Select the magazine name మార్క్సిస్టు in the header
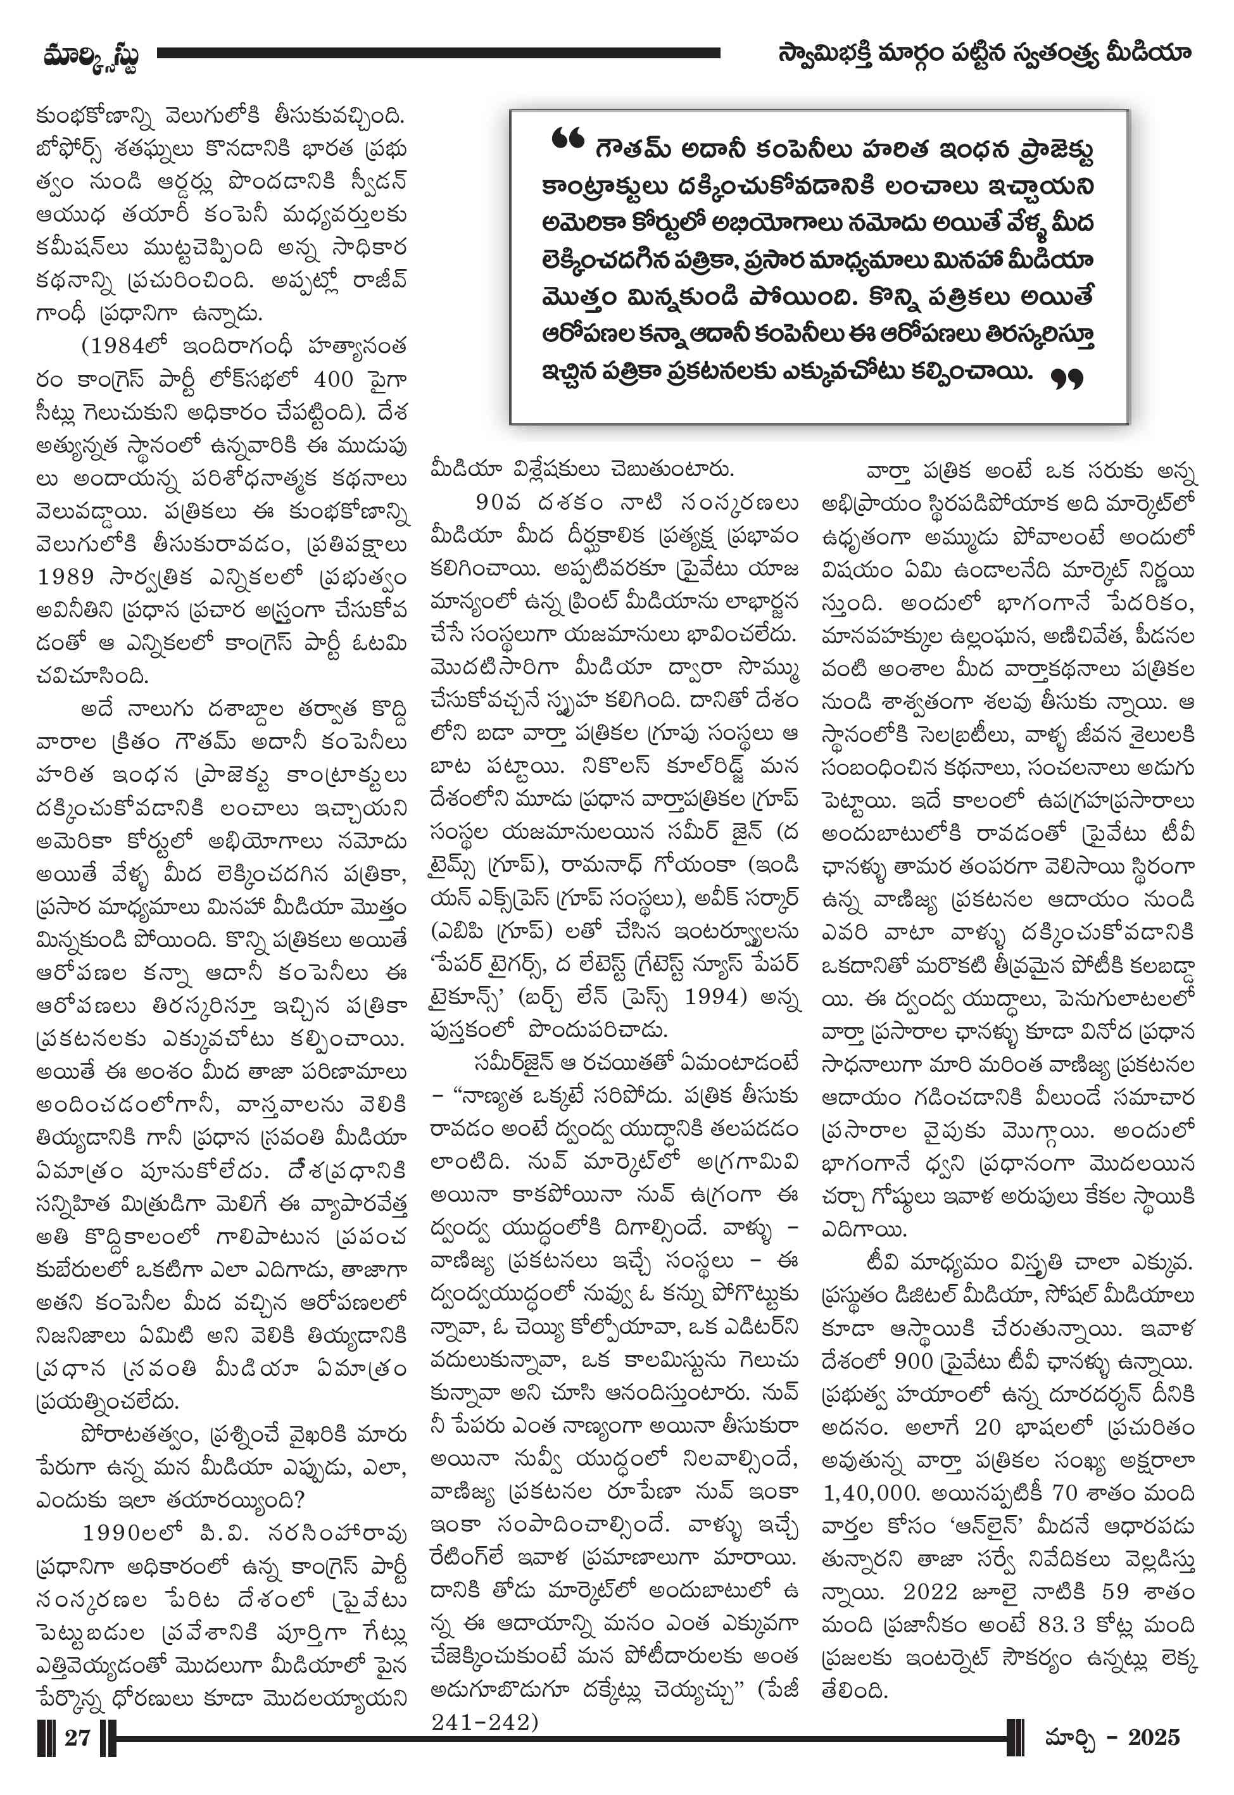tap(91, 56)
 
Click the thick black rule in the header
tap(438, 53)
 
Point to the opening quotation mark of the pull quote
tap(567, 140)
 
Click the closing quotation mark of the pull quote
tap(1067, 379)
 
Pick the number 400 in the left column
tap(333, 379)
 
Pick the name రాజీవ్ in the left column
tap(379, 280)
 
